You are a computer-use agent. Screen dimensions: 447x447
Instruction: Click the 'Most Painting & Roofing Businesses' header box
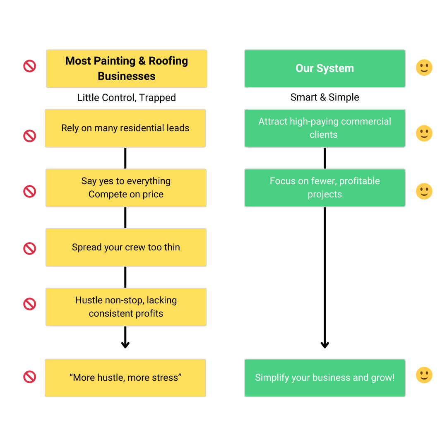pos(127,69)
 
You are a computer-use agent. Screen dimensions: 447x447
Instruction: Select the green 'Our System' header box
pos(325,69)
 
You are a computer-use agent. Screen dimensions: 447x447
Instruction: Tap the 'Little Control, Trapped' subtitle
pos(126,98)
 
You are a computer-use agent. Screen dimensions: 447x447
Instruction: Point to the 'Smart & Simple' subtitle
pos(325,97)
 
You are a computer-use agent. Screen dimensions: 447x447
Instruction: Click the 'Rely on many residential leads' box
pos(125,128)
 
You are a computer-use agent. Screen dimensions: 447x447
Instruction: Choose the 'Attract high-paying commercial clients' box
pos(325,128)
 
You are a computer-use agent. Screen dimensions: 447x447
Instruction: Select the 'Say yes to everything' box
pos(126,188)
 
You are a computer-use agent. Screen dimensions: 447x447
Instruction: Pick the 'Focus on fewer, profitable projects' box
pos(325,188)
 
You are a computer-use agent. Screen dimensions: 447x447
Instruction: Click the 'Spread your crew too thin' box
pos(126,248)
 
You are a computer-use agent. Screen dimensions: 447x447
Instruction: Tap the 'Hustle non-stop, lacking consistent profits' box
pos(126,307)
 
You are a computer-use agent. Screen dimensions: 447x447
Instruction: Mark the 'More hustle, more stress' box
pos(125,378)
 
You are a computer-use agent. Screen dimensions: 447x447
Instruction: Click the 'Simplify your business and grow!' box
pos(325,378)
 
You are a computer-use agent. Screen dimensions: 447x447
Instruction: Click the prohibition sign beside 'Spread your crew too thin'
pos(30,249)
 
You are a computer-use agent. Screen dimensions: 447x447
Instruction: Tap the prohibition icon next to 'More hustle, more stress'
pos(30,377)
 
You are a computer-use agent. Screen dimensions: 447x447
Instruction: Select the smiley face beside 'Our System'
pos(424,67)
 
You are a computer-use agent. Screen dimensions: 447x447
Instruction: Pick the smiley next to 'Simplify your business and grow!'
pos(424,375)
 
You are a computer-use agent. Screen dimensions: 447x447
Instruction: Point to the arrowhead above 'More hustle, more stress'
pos(125,345)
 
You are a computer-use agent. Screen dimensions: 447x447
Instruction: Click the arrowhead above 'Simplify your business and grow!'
pos(325,345)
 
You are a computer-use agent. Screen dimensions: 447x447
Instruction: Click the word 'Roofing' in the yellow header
pos(168,61)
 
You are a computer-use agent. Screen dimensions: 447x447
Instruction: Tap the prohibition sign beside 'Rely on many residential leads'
pos(30,136)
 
